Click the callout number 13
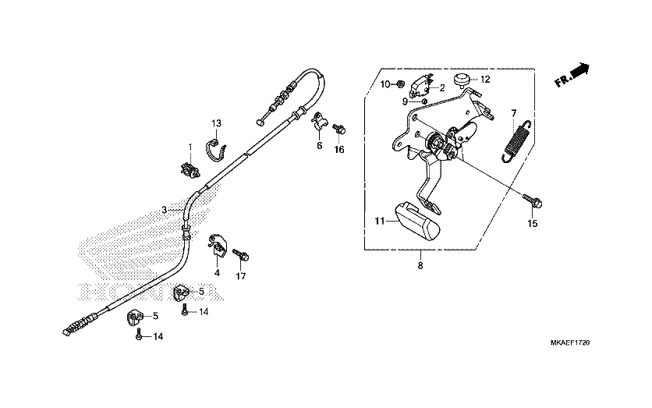pyautogui.click(x=217, y=123)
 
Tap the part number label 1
pyautogui.click(x=189, y=147)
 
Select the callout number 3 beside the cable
pyautogui.click(x=164, y=210)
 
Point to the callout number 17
pyautogui.click(x=240, y=276)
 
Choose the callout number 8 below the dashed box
pyautogui.click(x=420, y=266)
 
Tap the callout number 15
pyautogui.click(x=533, y=224)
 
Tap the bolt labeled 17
pyautogui.click(x=242, y=254)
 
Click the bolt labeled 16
pyautogui.click(x=339, y=129)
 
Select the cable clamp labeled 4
pyautogui.click(x=218, y=245)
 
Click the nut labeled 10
pyautogui.click(x=399, y=83)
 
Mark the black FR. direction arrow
pyautogui.click(x=579, y=73)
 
